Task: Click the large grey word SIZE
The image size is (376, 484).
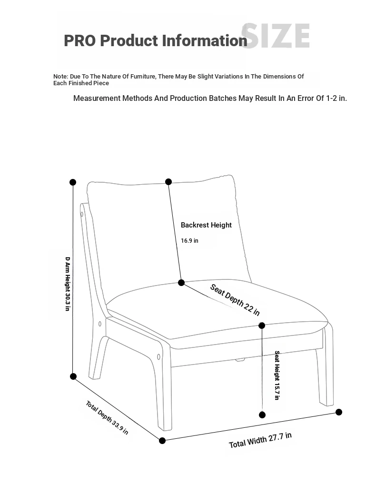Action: click(x=276, y=36)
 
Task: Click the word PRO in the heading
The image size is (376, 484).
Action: click(x=80, y=40)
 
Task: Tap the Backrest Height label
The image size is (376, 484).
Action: click(x=206, y=225)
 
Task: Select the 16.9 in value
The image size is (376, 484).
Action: click(x=189, y=241)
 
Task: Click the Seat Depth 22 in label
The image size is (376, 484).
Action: click(x=235, y=300)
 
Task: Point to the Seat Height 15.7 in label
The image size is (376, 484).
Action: click(x=277, y=375)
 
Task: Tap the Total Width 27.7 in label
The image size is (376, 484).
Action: click(x=260, y=440)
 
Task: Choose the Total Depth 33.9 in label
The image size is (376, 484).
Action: click(x=107, y=418)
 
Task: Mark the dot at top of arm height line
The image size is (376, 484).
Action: click(x=73, y=182)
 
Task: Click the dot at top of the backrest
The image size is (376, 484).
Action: click(x=168, y=182)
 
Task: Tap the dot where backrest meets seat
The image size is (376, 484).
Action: click(x=181, y=283)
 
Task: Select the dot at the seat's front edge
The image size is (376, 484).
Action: click(x=262, y=326)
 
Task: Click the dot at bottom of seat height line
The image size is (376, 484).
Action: click(x=262, y=415)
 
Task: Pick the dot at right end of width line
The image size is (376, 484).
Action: click(x=339, y=412)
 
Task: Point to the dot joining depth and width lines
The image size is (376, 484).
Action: click(x=162, y=441)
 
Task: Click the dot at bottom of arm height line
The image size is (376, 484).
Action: click(x=73, y=376)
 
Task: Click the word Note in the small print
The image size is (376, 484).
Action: click(x=60, y=77)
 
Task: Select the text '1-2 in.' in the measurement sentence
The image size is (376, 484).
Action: click(x=336, y=99)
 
